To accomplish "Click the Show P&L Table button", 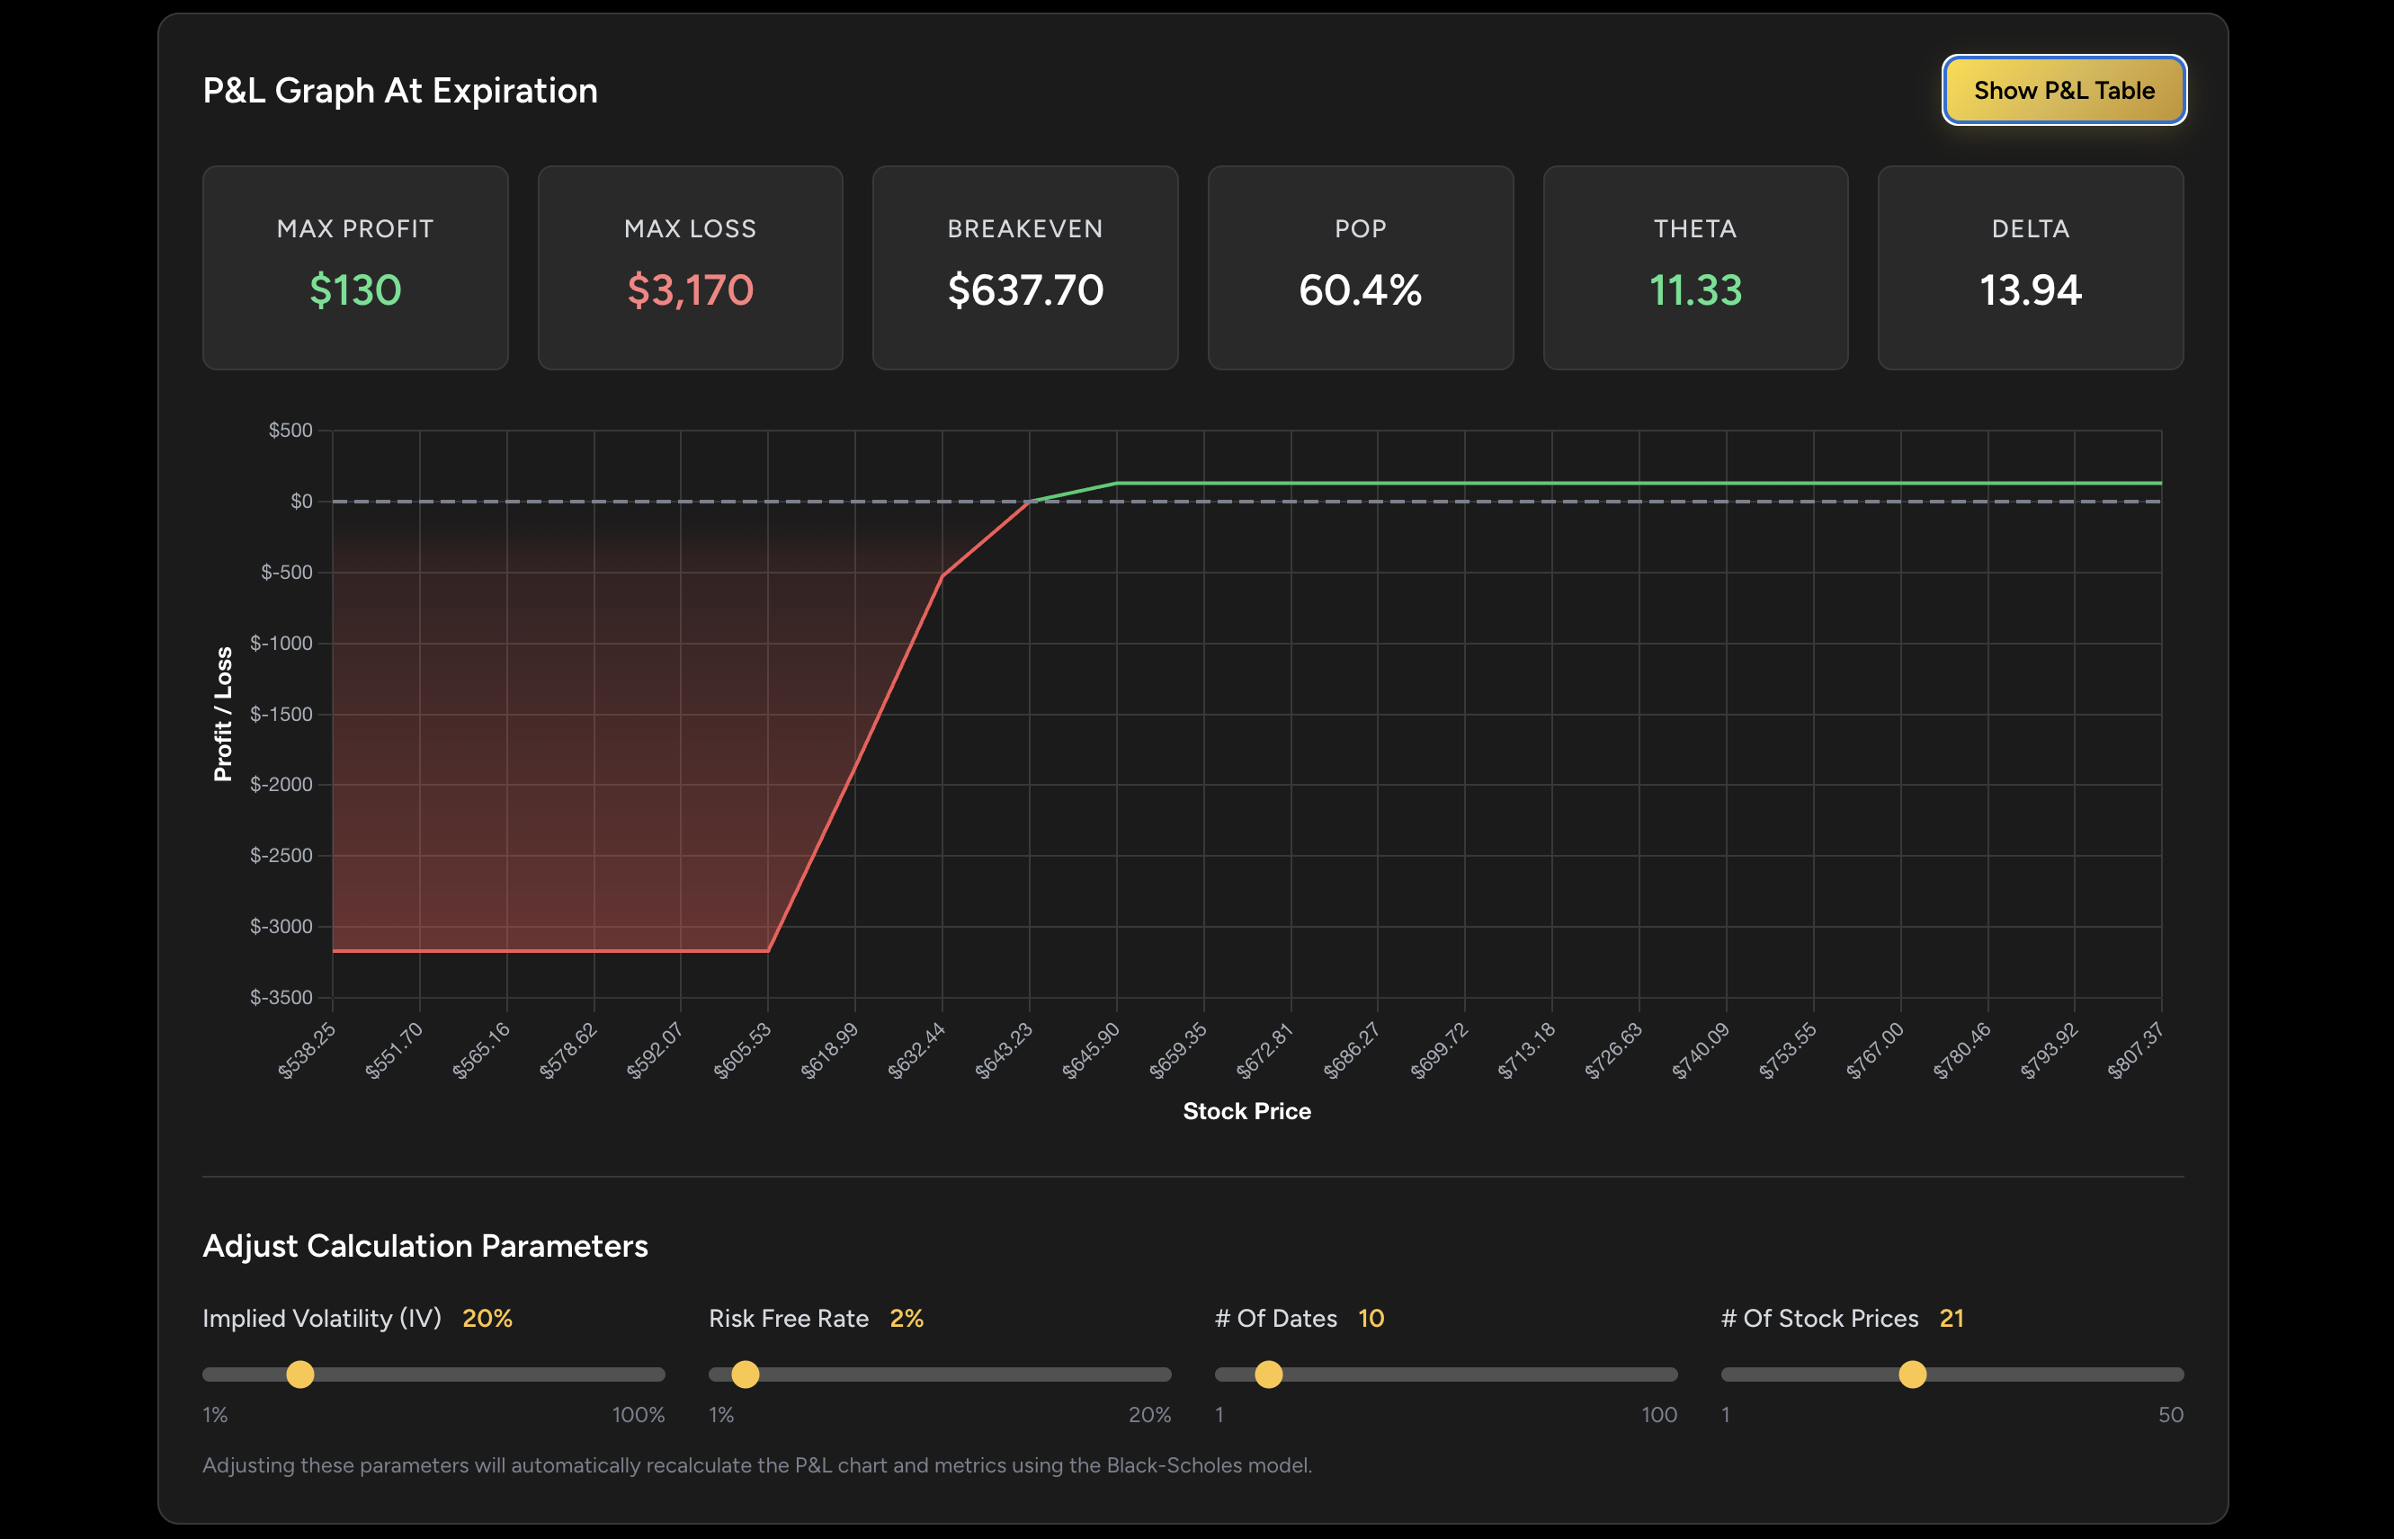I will (2063, 90).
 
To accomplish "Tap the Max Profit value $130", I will (355, 289).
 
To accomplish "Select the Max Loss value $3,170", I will (690, 289).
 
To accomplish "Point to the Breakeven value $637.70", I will (1024, 289).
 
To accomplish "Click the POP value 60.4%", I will (1360, 289).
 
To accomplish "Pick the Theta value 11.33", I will (1694, 289).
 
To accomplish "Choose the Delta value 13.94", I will (2029, 289).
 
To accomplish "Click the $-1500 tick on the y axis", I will (281, 714).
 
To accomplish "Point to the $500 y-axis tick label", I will (290, 430).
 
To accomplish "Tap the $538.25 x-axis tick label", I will (307, 1050).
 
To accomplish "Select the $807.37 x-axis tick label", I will (2135, 1050).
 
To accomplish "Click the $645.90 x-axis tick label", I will (1091, 1050).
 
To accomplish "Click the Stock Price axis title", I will (1246, 1111).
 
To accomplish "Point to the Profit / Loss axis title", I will (222, 714).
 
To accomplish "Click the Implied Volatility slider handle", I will (299, 1374).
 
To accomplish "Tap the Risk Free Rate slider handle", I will (745, 1374).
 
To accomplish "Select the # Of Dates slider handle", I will (1268, 1374).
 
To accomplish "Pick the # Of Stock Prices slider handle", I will (1912, 1374).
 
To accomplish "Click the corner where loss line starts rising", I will (768, 950).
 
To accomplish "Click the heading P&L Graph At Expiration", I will (400, 91).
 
